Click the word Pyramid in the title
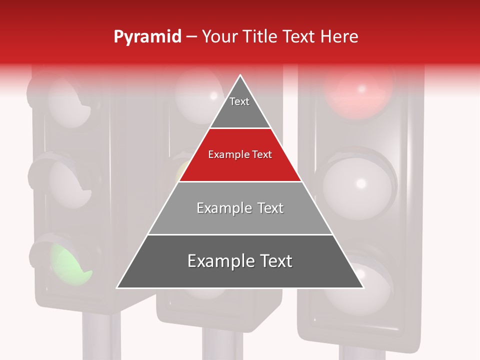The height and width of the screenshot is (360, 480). [147, 37]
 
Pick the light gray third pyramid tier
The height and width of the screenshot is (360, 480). [240, 208]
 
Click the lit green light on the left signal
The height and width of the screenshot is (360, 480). [70, 262]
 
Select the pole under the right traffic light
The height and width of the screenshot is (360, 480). [360, 352]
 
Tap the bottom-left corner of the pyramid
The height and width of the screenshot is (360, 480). [117, 287]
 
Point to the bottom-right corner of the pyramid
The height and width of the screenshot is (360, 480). [363, 287]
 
